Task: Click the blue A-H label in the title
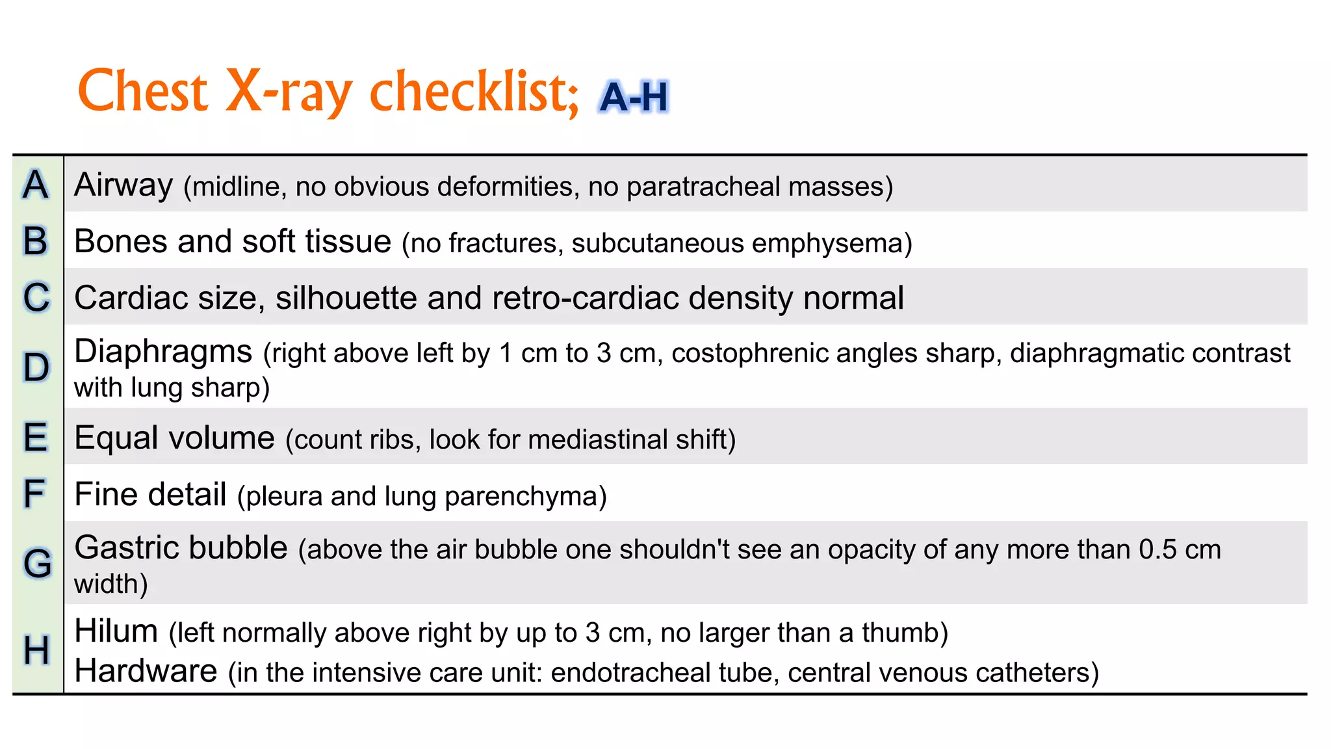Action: point(634,97)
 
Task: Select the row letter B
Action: point(36,241)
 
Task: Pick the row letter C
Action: point(36,297)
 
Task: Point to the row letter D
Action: point(36,367)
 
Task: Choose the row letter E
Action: point(36,437)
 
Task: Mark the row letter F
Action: point(35,493)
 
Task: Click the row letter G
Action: point(38,563)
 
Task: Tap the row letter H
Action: point(36,650)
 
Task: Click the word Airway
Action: point(123,185)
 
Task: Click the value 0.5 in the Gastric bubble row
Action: point(1157,550)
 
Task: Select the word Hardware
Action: point(146,671)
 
